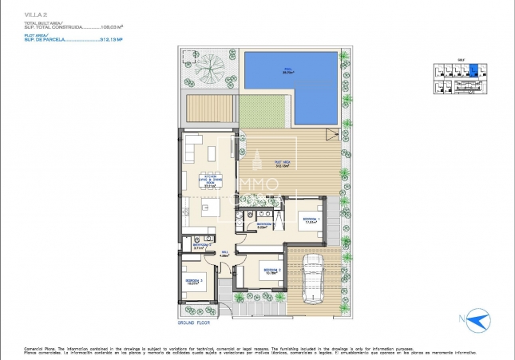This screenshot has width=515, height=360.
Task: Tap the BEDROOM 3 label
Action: (x=194, y=282)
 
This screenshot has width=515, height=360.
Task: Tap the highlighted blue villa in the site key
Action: (x=473, y=70)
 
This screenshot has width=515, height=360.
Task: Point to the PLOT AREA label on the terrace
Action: (x=281, y=164)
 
